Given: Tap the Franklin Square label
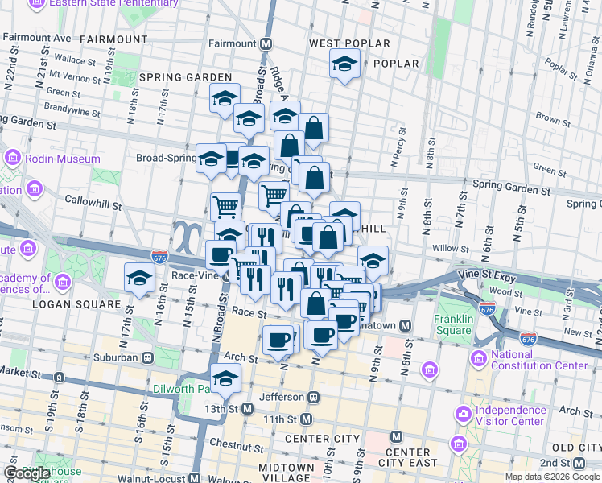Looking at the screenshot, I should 452,324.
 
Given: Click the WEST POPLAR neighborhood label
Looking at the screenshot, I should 349,43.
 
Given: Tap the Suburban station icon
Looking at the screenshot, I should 147,357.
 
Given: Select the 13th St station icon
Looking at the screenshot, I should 248,408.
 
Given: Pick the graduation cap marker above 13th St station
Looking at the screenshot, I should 225,378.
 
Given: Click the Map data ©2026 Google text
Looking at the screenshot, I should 552,477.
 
